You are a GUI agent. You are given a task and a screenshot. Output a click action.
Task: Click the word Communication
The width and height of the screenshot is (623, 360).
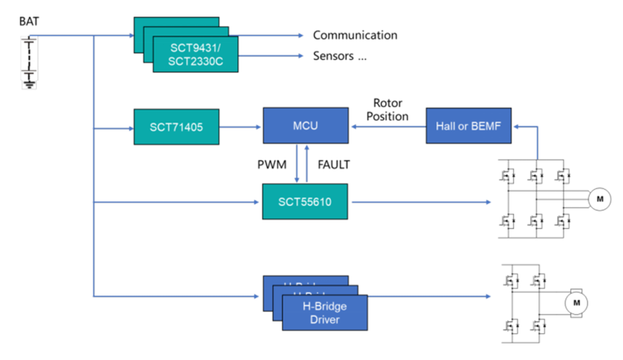[x=355, y=35]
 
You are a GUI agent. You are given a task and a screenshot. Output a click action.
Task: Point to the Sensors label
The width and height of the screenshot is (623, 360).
[x=340, y=57]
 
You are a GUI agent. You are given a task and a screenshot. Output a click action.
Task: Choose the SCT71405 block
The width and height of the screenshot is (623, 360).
[x=176, y=126]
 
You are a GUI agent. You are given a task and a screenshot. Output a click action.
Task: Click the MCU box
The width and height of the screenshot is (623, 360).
[x=305, y=126]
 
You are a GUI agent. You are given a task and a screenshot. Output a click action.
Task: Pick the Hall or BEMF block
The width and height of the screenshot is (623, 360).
[x=468, y=126]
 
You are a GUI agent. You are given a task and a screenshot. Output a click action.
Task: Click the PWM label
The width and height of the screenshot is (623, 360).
[x=272, y=164]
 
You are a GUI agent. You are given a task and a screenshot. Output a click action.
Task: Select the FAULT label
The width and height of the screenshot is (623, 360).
[x=334, y=164]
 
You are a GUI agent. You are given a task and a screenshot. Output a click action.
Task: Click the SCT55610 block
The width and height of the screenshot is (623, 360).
[x=305, y=202]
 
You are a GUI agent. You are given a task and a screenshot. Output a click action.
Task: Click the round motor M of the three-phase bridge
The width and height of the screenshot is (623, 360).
[x=599, y=199]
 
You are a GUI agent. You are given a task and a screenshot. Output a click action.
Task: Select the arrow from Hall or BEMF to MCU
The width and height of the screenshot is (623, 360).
[x=387, y=126]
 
